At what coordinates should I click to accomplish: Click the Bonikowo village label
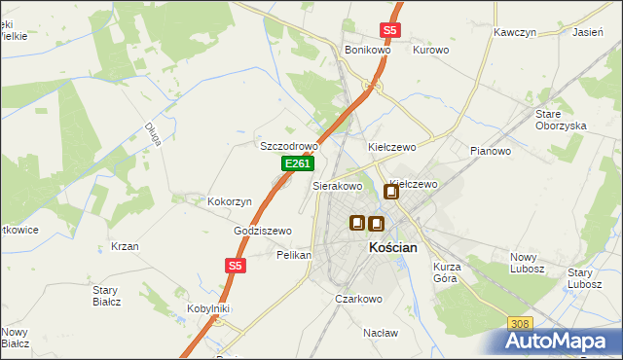pyautogui.click(x=367, y=50)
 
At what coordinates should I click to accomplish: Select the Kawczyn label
pyautogui.click(x=515, y=32)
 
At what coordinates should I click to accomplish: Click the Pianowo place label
pyautogui.click(x=490, y=151)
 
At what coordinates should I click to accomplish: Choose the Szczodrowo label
pyautogui.click(x=289, y=146)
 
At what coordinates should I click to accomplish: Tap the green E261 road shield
pyautogui.click(x=297, y=165)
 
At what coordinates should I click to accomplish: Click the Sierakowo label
pyautogui.click(x=337, y=185)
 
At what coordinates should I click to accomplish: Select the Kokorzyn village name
pyautogui.click(x=230, y=201)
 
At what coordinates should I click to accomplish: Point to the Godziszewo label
pyautogui.click(x=263, y=231)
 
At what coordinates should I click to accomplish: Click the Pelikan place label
pyautogui.click(x=293, y=254)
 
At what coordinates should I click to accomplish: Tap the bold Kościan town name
pyautogui.click(x=393, y=248)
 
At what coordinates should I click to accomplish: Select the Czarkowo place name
pyautogui.click(x=358, y=299)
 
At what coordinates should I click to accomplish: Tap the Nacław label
pyautogui.click(x=381, y=332)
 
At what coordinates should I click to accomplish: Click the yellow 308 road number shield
pyautogui.click(x=520, y=323)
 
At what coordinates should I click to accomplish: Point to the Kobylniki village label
pyautogui.click(x=208, y=308)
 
